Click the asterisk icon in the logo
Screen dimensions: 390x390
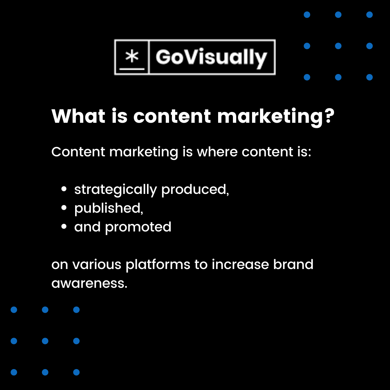(x=132, y=57)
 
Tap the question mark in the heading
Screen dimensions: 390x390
(x=327, y=116)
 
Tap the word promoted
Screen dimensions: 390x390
(x=138, y=227)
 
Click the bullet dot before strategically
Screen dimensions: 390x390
(x=64, y=189)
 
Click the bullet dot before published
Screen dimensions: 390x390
(x=64, y=208)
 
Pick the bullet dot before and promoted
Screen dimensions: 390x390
(x=64, y=227)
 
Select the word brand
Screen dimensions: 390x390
(x=293, y=264)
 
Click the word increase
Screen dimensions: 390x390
(x=240, y=264)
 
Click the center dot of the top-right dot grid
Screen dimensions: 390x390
(x=338, y=46)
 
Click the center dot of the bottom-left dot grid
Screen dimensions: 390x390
(x=45, y=341)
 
